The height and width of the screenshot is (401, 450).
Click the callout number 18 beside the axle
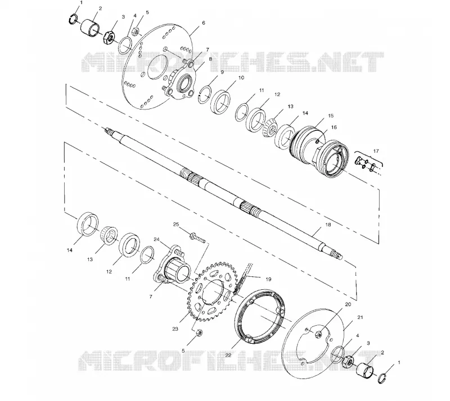327,225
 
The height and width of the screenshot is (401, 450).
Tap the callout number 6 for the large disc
204,22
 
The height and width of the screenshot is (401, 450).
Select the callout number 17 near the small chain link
376,151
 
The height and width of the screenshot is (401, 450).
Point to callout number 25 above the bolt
176,224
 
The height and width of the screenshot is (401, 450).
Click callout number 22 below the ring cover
228,355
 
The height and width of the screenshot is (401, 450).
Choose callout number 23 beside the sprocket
175,329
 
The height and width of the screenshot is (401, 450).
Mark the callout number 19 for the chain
268,279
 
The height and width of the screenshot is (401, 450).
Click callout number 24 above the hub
157,239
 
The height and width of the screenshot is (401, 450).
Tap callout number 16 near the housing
334,127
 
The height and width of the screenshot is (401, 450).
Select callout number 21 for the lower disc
360,317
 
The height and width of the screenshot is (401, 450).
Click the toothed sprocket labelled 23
213,291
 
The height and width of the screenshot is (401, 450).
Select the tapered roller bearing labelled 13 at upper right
269,128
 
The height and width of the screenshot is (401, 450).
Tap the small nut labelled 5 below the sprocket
198,333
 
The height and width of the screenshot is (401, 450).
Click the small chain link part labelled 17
365,164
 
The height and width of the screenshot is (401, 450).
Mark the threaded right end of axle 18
336,254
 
